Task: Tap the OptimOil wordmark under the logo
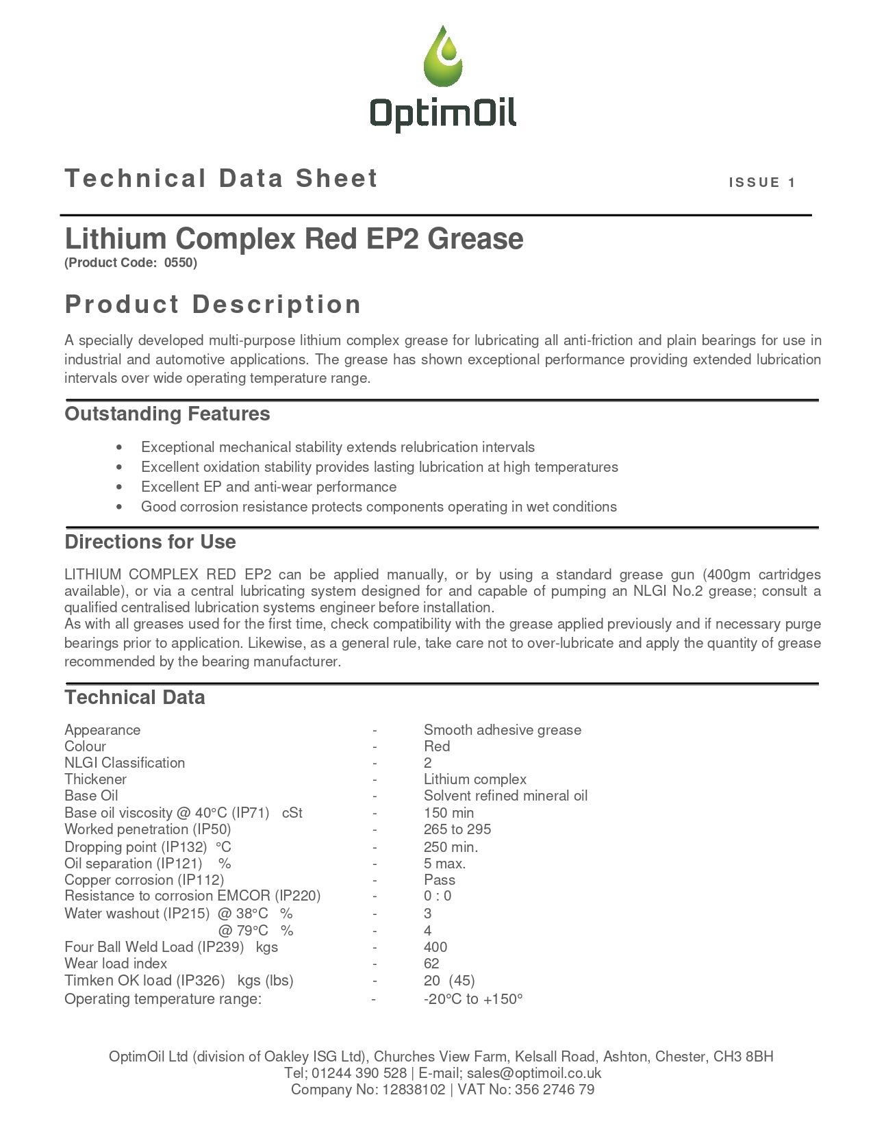coord(443,112)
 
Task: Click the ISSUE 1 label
coord(762,182)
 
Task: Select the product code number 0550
coord(179,263)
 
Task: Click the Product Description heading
coord(213,304)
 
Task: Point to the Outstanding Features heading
coord(167,414)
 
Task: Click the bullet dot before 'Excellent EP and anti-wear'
coord(120,487)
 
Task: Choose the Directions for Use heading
coord(150,542)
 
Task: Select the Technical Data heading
coord(135,697)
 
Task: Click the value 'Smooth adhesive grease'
coord(502,730)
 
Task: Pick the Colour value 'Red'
coord(437,746)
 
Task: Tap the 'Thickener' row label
coord(95,779)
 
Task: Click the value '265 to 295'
coord(457,829)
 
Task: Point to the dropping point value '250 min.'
coord(451,846)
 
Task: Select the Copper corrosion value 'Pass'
coord(439,880)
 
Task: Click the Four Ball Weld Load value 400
coord(435,947)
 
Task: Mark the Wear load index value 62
coord(431,964)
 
